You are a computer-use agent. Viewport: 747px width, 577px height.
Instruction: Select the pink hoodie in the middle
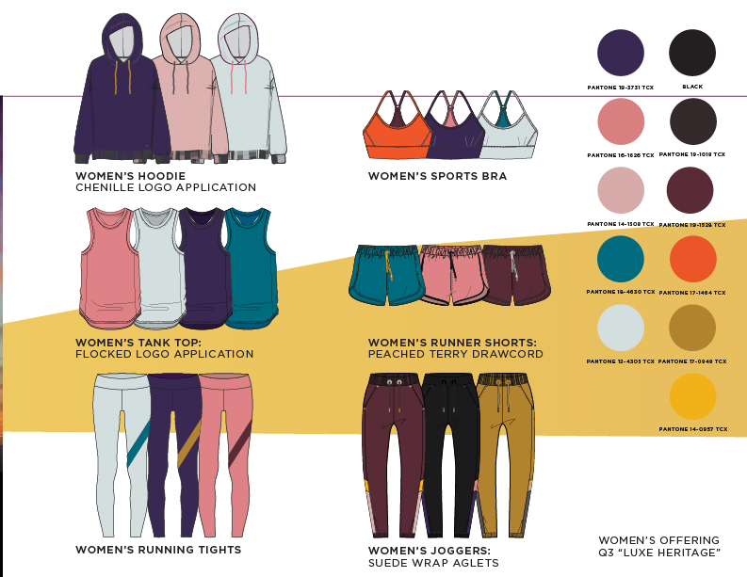point(188,104)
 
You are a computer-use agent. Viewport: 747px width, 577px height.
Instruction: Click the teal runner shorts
point(384,276)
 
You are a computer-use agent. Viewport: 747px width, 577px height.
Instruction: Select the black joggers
point(449,452)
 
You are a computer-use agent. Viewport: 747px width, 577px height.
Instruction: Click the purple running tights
point(173,452)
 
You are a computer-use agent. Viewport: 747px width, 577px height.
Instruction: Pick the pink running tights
point(226,452)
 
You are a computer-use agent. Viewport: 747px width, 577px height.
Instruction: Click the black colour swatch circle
point(692,52)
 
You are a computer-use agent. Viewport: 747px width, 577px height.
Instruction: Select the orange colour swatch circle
point(692,258)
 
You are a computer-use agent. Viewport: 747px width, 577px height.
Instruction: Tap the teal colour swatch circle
point(621,258)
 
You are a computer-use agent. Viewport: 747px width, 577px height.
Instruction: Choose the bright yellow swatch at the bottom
point(692,396)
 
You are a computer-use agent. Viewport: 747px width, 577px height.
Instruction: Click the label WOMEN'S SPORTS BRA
point(437,176)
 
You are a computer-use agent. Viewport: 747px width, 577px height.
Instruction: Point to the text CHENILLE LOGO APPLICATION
point(166,187)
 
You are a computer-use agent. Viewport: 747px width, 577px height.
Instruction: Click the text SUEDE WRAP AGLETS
point(432,563)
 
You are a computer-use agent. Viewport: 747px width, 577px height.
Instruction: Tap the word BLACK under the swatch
point(692,87)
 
